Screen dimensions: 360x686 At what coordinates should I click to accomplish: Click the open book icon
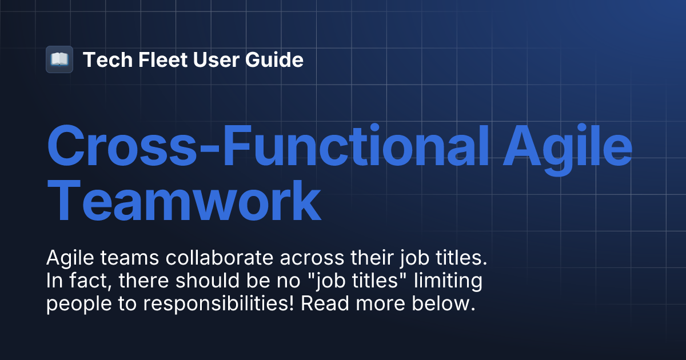59,59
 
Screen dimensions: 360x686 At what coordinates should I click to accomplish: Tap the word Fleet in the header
153,59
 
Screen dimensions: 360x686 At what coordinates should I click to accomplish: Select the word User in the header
206,59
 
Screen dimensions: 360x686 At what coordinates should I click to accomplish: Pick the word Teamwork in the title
183,201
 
